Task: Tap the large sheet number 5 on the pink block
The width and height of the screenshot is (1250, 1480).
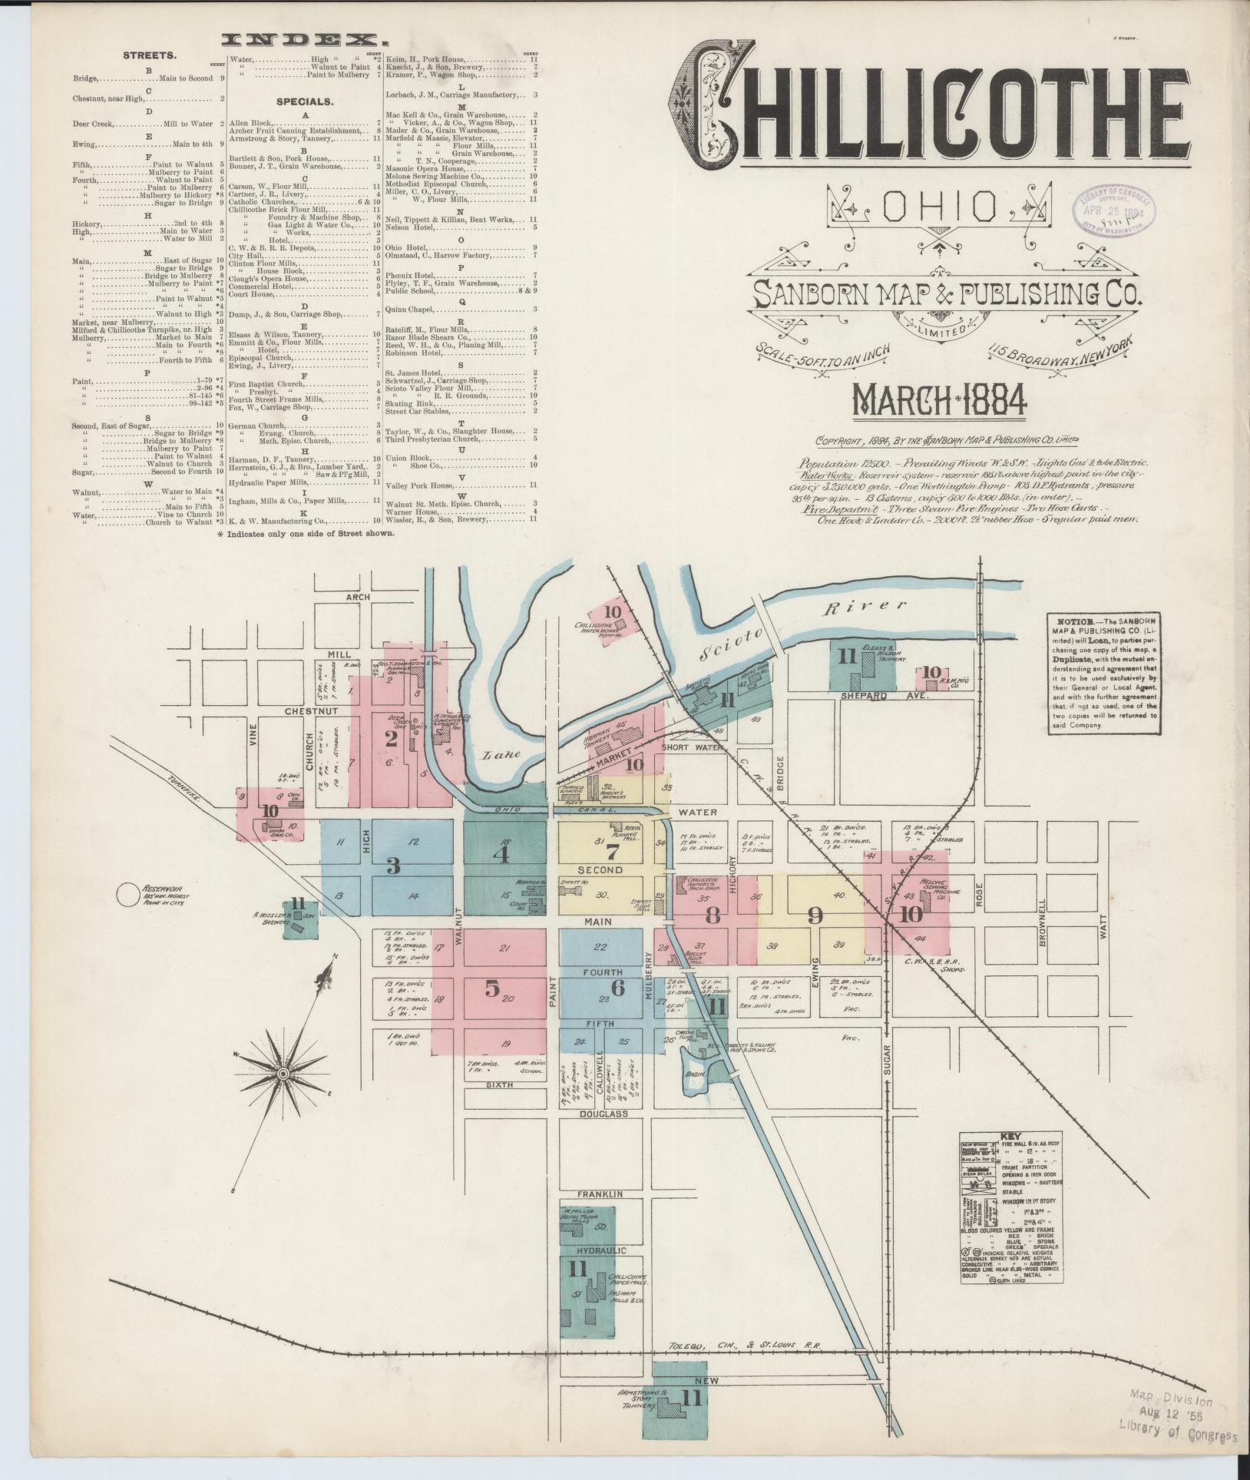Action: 492,988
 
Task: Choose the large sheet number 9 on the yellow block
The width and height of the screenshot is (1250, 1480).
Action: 816,915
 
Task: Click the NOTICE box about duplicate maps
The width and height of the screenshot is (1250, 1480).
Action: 1103,671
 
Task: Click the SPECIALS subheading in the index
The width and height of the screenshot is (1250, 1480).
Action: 305,101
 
